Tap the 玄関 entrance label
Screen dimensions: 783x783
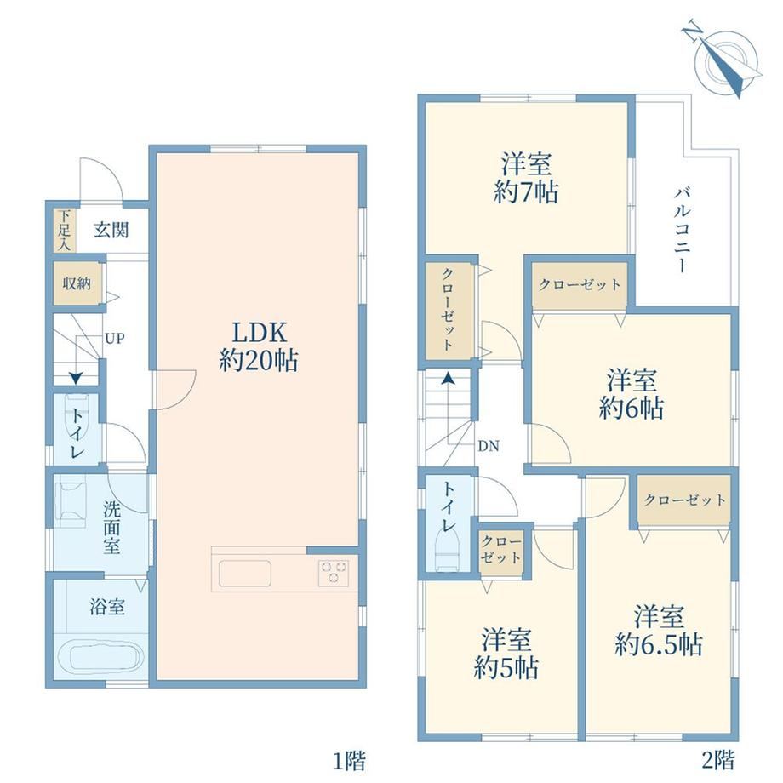coord(111,230)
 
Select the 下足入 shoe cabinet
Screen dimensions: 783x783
coord(65,230)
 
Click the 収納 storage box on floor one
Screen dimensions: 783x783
coord(77,283)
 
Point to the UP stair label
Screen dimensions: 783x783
coord(114,339)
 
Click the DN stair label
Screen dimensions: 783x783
coord(489,446)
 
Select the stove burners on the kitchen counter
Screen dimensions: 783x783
coord(334,572)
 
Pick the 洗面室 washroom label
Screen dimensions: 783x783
coord(111,528)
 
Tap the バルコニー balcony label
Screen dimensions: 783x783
coord(682,230)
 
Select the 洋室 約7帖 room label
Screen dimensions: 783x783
coord(526,177)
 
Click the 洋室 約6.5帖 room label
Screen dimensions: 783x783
coord(659,630)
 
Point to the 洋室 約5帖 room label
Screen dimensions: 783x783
coord(506,654)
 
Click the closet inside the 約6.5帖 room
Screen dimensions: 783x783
coord(684,500)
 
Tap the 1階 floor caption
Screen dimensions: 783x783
coord(350,761)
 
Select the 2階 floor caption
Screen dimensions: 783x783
coord(718,760)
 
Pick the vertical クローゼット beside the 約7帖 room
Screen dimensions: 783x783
coord(449,311)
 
